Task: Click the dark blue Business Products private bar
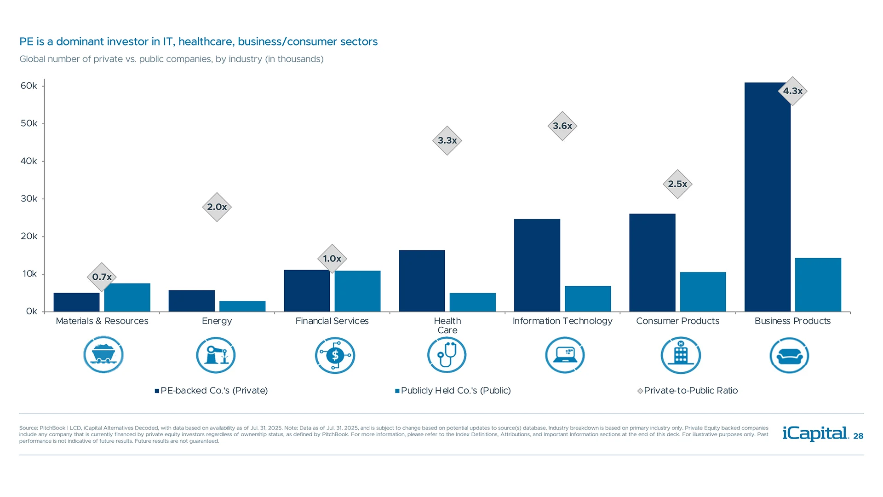[767, 198]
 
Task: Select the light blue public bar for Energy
[242, 306]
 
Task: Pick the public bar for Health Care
[472, 302]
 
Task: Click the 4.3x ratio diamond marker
[792, 91]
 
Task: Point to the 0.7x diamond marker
[102, 277]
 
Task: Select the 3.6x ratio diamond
[562, 126]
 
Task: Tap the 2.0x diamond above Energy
[217, 207]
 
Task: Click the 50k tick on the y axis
[29, 123]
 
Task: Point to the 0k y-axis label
[31, 312]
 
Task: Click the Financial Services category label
[332, 321]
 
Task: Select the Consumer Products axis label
[677, 321]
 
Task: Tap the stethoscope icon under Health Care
[447, 355]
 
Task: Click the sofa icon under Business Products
[789, 355]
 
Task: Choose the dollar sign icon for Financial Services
[335, 355]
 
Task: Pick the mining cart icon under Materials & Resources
[103, 355]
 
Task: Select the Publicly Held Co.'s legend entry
[453, 391]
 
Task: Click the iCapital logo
[815, 433]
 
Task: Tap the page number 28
[858, 436]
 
